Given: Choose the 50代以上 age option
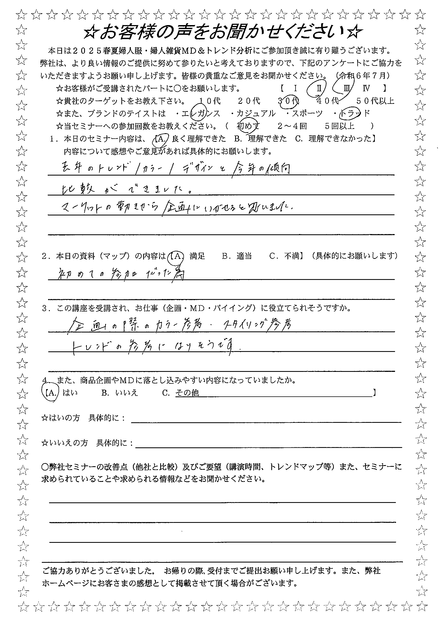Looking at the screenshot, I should (375, 101).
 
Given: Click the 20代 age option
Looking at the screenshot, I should (249, 101).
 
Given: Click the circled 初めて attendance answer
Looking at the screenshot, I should (248, 126).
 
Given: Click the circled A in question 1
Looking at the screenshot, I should (160, 139).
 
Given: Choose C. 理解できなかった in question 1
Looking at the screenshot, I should (333, 139).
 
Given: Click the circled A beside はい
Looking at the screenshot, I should (51, 393).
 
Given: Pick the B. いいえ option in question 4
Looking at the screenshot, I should (119, 393).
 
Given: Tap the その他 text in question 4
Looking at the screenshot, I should (187, 393).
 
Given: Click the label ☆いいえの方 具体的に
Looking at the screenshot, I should (87, 443).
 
